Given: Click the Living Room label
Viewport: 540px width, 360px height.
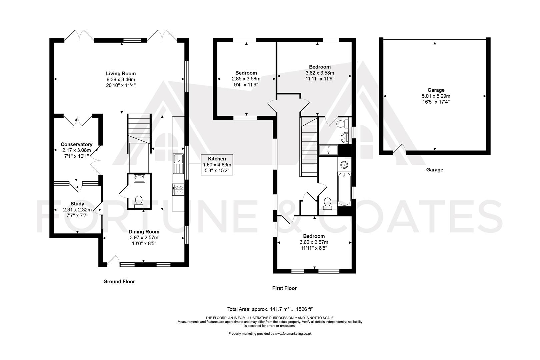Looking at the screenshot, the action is point(121,74).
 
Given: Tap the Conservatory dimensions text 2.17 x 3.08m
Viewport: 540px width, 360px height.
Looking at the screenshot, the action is point(76,150).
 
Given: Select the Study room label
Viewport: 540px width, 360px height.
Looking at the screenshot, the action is point(77,204).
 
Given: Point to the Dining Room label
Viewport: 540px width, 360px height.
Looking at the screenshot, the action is point(144,232).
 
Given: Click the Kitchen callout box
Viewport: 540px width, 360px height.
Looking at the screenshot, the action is point(217,165).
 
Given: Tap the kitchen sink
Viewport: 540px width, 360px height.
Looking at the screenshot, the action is point(178,163).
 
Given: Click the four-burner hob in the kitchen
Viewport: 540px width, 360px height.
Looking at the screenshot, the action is point(178,190).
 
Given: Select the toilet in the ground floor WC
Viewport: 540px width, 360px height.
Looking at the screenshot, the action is point(139,202).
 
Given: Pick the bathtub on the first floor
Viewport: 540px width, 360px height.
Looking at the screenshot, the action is point(344,189).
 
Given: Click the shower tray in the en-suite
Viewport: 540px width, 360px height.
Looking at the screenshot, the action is point(329,150).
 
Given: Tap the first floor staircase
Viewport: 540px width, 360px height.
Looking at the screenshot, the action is point(309,147).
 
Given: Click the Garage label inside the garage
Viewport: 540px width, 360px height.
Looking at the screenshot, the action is point(436,90).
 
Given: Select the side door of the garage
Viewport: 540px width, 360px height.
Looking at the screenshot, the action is point(399,149).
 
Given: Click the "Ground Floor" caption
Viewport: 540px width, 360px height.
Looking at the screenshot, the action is point(119,281).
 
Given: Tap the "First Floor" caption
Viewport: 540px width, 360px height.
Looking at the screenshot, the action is point(284,288).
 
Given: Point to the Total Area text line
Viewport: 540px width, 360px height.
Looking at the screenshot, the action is point(270,309).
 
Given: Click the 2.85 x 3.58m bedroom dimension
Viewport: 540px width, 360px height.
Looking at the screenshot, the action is point(246,79).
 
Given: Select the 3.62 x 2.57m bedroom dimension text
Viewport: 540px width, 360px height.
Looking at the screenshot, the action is point(314,242).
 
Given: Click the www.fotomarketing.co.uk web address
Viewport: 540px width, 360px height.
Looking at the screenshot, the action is point(293,334).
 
